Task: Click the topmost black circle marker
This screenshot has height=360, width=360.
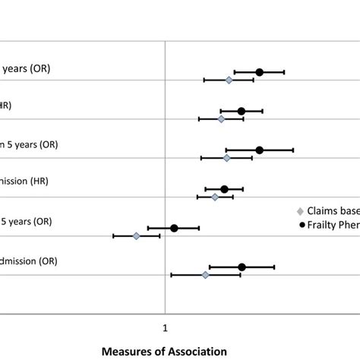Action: click(x=259, y=72)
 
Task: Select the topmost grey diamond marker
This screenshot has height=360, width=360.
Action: click(x=229, y=80)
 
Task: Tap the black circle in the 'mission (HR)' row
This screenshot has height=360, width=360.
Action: click(x=224, y=189)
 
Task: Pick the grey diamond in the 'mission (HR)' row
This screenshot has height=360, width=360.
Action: click(x=215, y=197)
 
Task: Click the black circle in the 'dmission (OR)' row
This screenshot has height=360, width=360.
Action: click(x=242, y=267)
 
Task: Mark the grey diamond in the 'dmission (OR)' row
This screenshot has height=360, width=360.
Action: click(x=205, y=274)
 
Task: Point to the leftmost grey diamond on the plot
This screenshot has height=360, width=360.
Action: click(x=137, y=236)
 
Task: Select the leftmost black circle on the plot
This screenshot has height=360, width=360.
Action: click(x=174, y=228)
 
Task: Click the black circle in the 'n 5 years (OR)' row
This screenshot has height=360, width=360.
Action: click(x=259, y=150)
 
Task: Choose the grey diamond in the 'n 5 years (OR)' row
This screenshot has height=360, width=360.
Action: click(x=226, y=158)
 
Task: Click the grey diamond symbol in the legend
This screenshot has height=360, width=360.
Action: click(x=302, y=210)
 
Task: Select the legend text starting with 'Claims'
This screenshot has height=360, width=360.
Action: click(x=333, y=210)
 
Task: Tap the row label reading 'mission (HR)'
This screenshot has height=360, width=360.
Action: click(x=23, y=182)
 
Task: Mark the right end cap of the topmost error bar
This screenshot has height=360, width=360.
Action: click(x=284, y=72)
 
